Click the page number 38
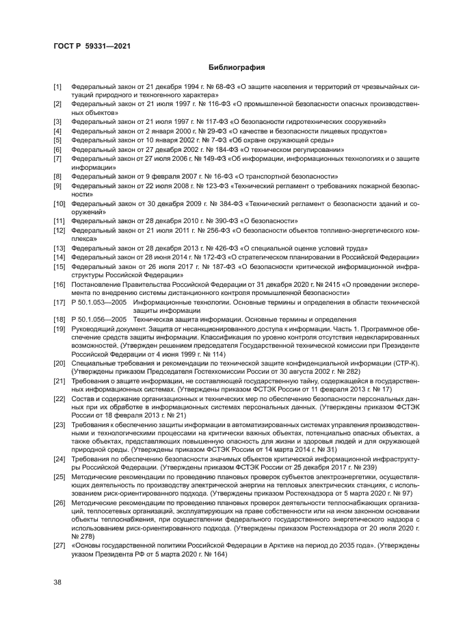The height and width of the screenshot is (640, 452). pyautogui.click(x=58, y=583)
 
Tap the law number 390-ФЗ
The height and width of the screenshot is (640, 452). pyautogui.click(x=210, y=221)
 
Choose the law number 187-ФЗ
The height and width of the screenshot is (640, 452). pyautogui.click(x=211, y=266)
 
